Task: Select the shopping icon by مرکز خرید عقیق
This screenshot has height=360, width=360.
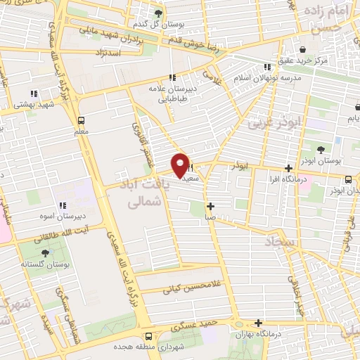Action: click(x=302, y=49)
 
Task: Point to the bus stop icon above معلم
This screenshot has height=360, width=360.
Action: click(x=81, y=120)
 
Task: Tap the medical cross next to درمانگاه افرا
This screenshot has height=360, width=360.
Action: click(x=289, y=168)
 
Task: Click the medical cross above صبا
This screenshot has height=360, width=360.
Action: click(x=210, y=206)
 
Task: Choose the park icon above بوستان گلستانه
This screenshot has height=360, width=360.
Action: click(x=46, y=252)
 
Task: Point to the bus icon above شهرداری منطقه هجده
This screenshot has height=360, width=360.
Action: click(x=148, y=337)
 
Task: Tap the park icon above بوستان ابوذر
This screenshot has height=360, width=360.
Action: click(x=321, y=150)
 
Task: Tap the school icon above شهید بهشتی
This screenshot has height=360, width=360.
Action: click(x=33, y=94)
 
